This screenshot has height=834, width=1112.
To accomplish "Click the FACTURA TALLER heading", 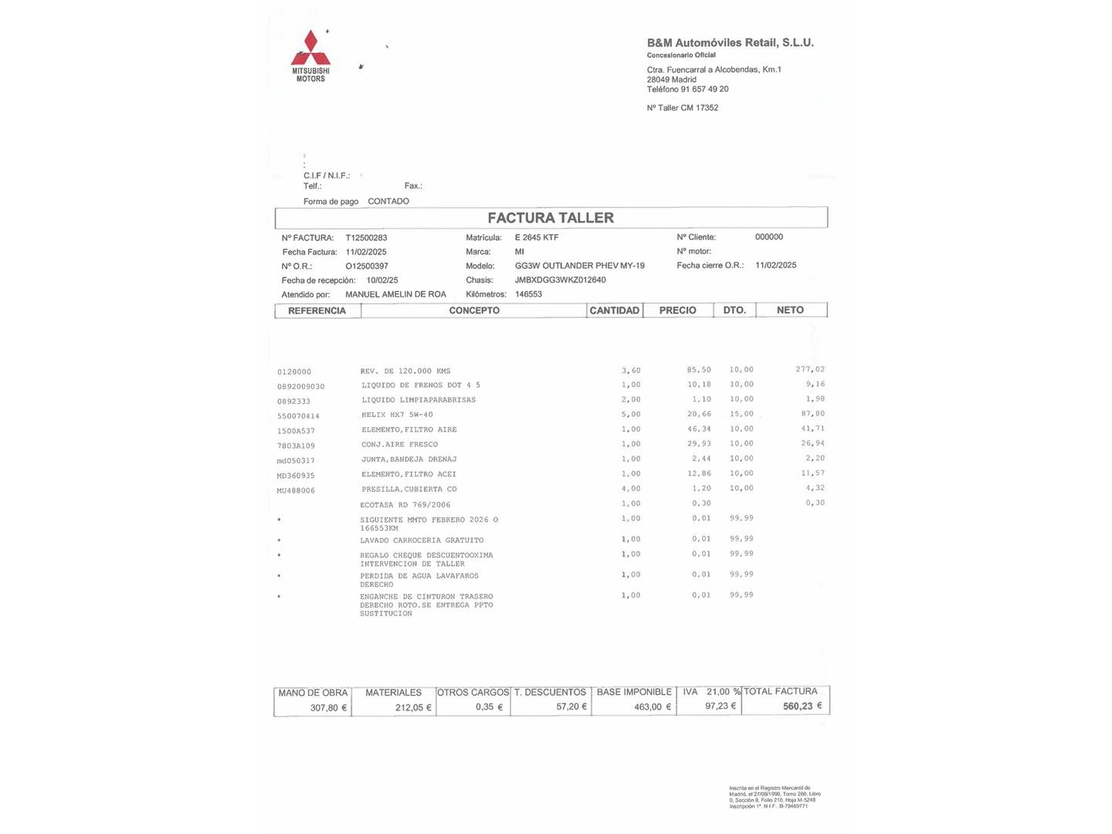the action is [551, 218].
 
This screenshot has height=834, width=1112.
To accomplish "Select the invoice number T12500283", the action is [366, 238].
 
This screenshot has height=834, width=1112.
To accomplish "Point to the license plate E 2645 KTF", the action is [536, 238].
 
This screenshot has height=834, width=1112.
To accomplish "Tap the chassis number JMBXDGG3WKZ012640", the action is [560, 280].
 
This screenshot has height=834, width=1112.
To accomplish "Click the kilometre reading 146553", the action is [528, 294].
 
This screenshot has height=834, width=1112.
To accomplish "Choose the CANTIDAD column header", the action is [614, 310].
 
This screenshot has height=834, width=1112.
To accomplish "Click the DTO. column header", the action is [734, 310].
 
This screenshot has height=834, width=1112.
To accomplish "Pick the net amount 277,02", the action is [810, 370].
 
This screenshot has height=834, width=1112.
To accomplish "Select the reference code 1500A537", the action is [296, 431].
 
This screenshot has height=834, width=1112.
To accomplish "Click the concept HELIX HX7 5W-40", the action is [397, 415].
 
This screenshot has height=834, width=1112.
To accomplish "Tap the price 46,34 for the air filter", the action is [699, 429].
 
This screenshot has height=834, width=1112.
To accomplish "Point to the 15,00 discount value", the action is [741, 414].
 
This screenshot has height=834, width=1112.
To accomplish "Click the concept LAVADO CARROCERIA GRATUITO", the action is [422, 541].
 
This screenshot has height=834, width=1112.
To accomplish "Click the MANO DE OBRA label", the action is [313, 693].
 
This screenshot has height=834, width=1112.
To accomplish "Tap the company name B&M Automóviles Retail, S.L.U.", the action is [730, 43].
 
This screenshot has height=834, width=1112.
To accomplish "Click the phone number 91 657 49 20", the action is [704, 90].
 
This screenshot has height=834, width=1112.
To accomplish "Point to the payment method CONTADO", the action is [388, 202].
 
